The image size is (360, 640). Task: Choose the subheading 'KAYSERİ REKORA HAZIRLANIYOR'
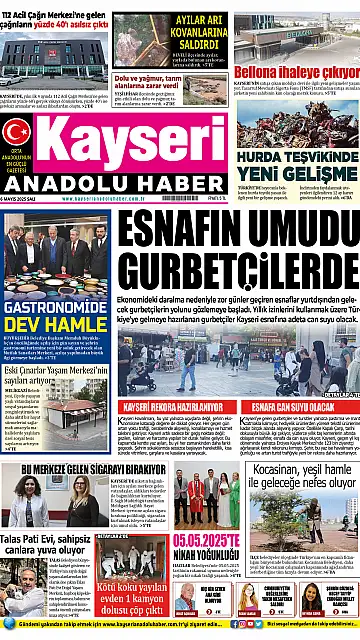pos(177,406)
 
